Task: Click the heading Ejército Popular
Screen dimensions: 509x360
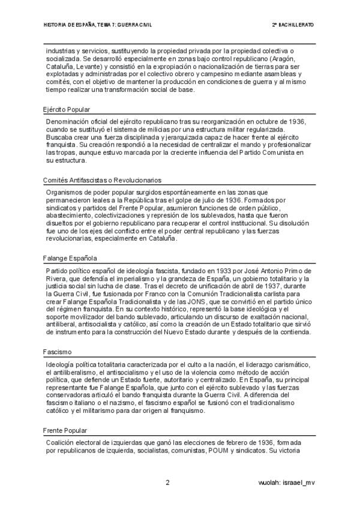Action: pos(66,110)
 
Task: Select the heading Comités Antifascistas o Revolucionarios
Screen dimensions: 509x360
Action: pos(102,180)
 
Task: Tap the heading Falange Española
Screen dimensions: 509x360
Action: pos(70,259)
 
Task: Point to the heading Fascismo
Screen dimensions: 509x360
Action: pos(58,352)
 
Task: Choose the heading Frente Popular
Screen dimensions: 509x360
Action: pos(65,430)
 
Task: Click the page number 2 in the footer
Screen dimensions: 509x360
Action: pos(168,483)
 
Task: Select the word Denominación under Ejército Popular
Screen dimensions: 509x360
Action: pos(70,121)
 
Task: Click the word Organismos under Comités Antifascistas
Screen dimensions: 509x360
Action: pos(65,191)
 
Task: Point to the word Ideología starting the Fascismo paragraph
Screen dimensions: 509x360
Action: pos(61,364)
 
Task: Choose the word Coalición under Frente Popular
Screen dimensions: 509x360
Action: pos(61,442)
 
